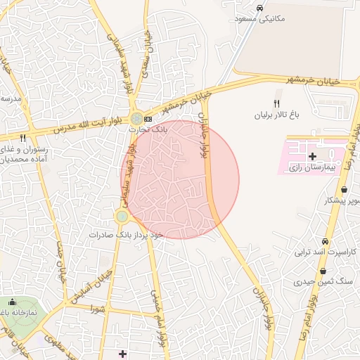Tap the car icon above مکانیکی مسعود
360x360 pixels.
pyautogui.click(x=260, y=8)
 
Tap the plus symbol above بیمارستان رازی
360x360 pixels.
pyautogui.click(x=313, y=155)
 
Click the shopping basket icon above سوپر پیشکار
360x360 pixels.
pyautogui.click(x=344, y=190)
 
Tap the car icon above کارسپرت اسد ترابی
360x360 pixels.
pyautogui.click(x=325, y=240)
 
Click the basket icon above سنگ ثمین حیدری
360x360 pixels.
pyautogui.click(x=323, y=271)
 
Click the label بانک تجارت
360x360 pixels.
pyautogui.click(x=149, y=129)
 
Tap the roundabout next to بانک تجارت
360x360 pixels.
pyautogui.click(x=136, y=117)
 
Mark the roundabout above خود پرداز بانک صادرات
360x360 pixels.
pyautogui.click(x=122, y=216)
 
